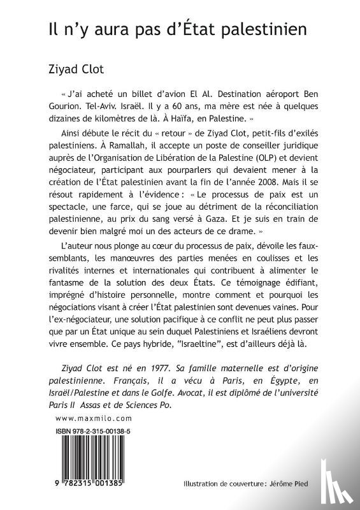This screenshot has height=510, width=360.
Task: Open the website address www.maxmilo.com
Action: tap(85, 418)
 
